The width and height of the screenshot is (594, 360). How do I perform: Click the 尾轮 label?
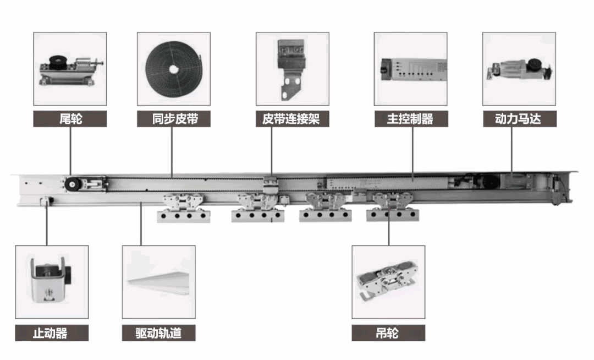click(70, 119)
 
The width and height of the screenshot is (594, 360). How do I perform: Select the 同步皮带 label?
click(174, 119)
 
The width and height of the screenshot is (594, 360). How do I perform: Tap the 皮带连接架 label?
click(292, 119)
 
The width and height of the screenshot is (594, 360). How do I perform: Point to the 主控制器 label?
click(410, 119)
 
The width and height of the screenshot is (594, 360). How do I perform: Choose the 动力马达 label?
click(519, 119)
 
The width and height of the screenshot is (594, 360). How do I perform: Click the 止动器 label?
click(51, 332)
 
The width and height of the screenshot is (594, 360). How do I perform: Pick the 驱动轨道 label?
click(158, 332)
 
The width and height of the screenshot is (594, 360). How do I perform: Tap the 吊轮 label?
click(388, 332)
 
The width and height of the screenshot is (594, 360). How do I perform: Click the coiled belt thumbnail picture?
click(174, 69)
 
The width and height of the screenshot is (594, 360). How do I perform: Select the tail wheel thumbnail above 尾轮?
click(70, 69)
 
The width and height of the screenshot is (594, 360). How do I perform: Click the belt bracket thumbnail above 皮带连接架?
click(292, 69)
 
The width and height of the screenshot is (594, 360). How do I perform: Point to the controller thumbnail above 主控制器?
click(410, 69)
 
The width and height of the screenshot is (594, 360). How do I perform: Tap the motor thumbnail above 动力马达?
click(519, 69)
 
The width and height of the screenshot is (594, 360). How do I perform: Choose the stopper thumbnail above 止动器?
click(51, 282)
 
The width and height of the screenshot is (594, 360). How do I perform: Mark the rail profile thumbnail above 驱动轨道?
click(158, 282)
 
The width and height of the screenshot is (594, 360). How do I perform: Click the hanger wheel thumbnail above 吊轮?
click(388, 282)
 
